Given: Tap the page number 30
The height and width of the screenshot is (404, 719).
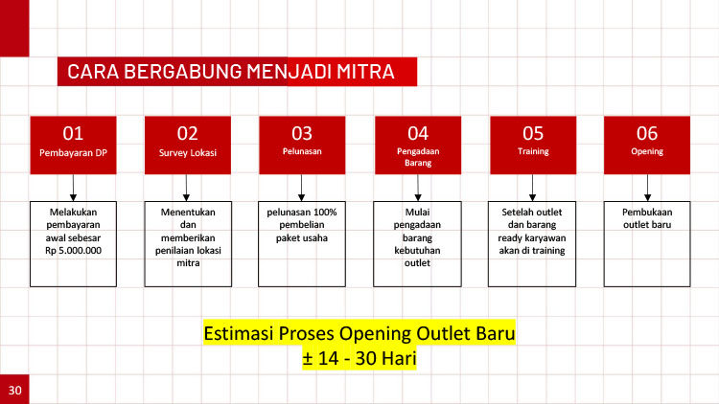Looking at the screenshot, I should click(x=14, y=390).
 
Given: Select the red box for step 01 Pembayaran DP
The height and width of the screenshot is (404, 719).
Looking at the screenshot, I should click(x=73, y=144).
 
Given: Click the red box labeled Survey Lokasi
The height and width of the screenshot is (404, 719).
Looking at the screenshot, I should click(x=188, y=144).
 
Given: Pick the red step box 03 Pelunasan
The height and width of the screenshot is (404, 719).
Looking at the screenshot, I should click(x=302, y=144).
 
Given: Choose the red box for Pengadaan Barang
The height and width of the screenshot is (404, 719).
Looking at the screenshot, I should click(x=417, y=144).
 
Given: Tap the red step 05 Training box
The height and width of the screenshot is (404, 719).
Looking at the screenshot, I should click(x=532, y=144).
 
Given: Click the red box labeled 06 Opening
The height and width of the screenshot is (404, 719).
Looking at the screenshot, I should click(x=647, y=144).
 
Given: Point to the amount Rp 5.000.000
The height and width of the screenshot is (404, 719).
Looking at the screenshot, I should click(x=73, y=251).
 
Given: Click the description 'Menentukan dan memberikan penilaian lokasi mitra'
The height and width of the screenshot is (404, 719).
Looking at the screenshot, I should click(x=188, y=237).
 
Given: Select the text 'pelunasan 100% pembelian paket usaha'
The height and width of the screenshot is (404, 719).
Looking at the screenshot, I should click(x=302, y=224).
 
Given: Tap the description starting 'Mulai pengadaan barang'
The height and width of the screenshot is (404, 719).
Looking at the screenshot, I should click(x=417, y=237).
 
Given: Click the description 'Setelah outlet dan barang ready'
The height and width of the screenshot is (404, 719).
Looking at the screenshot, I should click(x=532, y=231).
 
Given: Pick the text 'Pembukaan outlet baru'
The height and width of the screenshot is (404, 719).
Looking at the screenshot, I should click(x=647, y=217).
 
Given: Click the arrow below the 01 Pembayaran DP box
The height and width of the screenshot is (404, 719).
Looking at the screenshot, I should click(x=73, y=187).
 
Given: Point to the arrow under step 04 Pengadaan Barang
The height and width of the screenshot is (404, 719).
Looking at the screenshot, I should click(x=417, y=187).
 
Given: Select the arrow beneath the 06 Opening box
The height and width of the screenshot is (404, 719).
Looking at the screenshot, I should click(x=647, y=187).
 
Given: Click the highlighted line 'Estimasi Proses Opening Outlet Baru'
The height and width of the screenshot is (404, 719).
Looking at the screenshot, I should click(x=359, y=335).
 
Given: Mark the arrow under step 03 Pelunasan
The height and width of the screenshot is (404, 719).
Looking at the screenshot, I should click(x=302, y=187).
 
